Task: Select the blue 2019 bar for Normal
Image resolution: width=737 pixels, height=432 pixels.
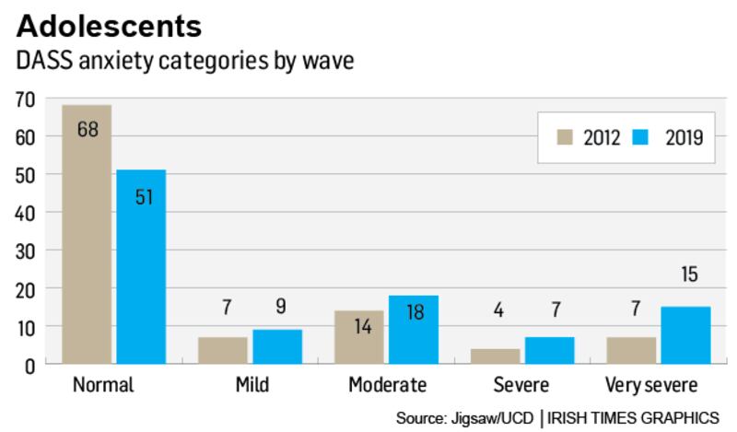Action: click(x=141, y=267)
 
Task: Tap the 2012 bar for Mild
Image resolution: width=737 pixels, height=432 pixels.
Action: click(x=223, y=351)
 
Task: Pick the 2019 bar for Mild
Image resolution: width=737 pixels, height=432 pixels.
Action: click(x=277, y=347)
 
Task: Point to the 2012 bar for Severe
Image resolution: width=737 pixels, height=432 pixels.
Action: click(x=496, y=356)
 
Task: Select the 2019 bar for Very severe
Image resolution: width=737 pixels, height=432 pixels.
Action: click(x=686, y=335)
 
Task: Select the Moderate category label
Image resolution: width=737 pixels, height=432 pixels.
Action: click(x=386, y=384)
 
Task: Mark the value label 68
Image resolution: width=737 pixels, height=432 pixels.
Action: click(x=88, y=128)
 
